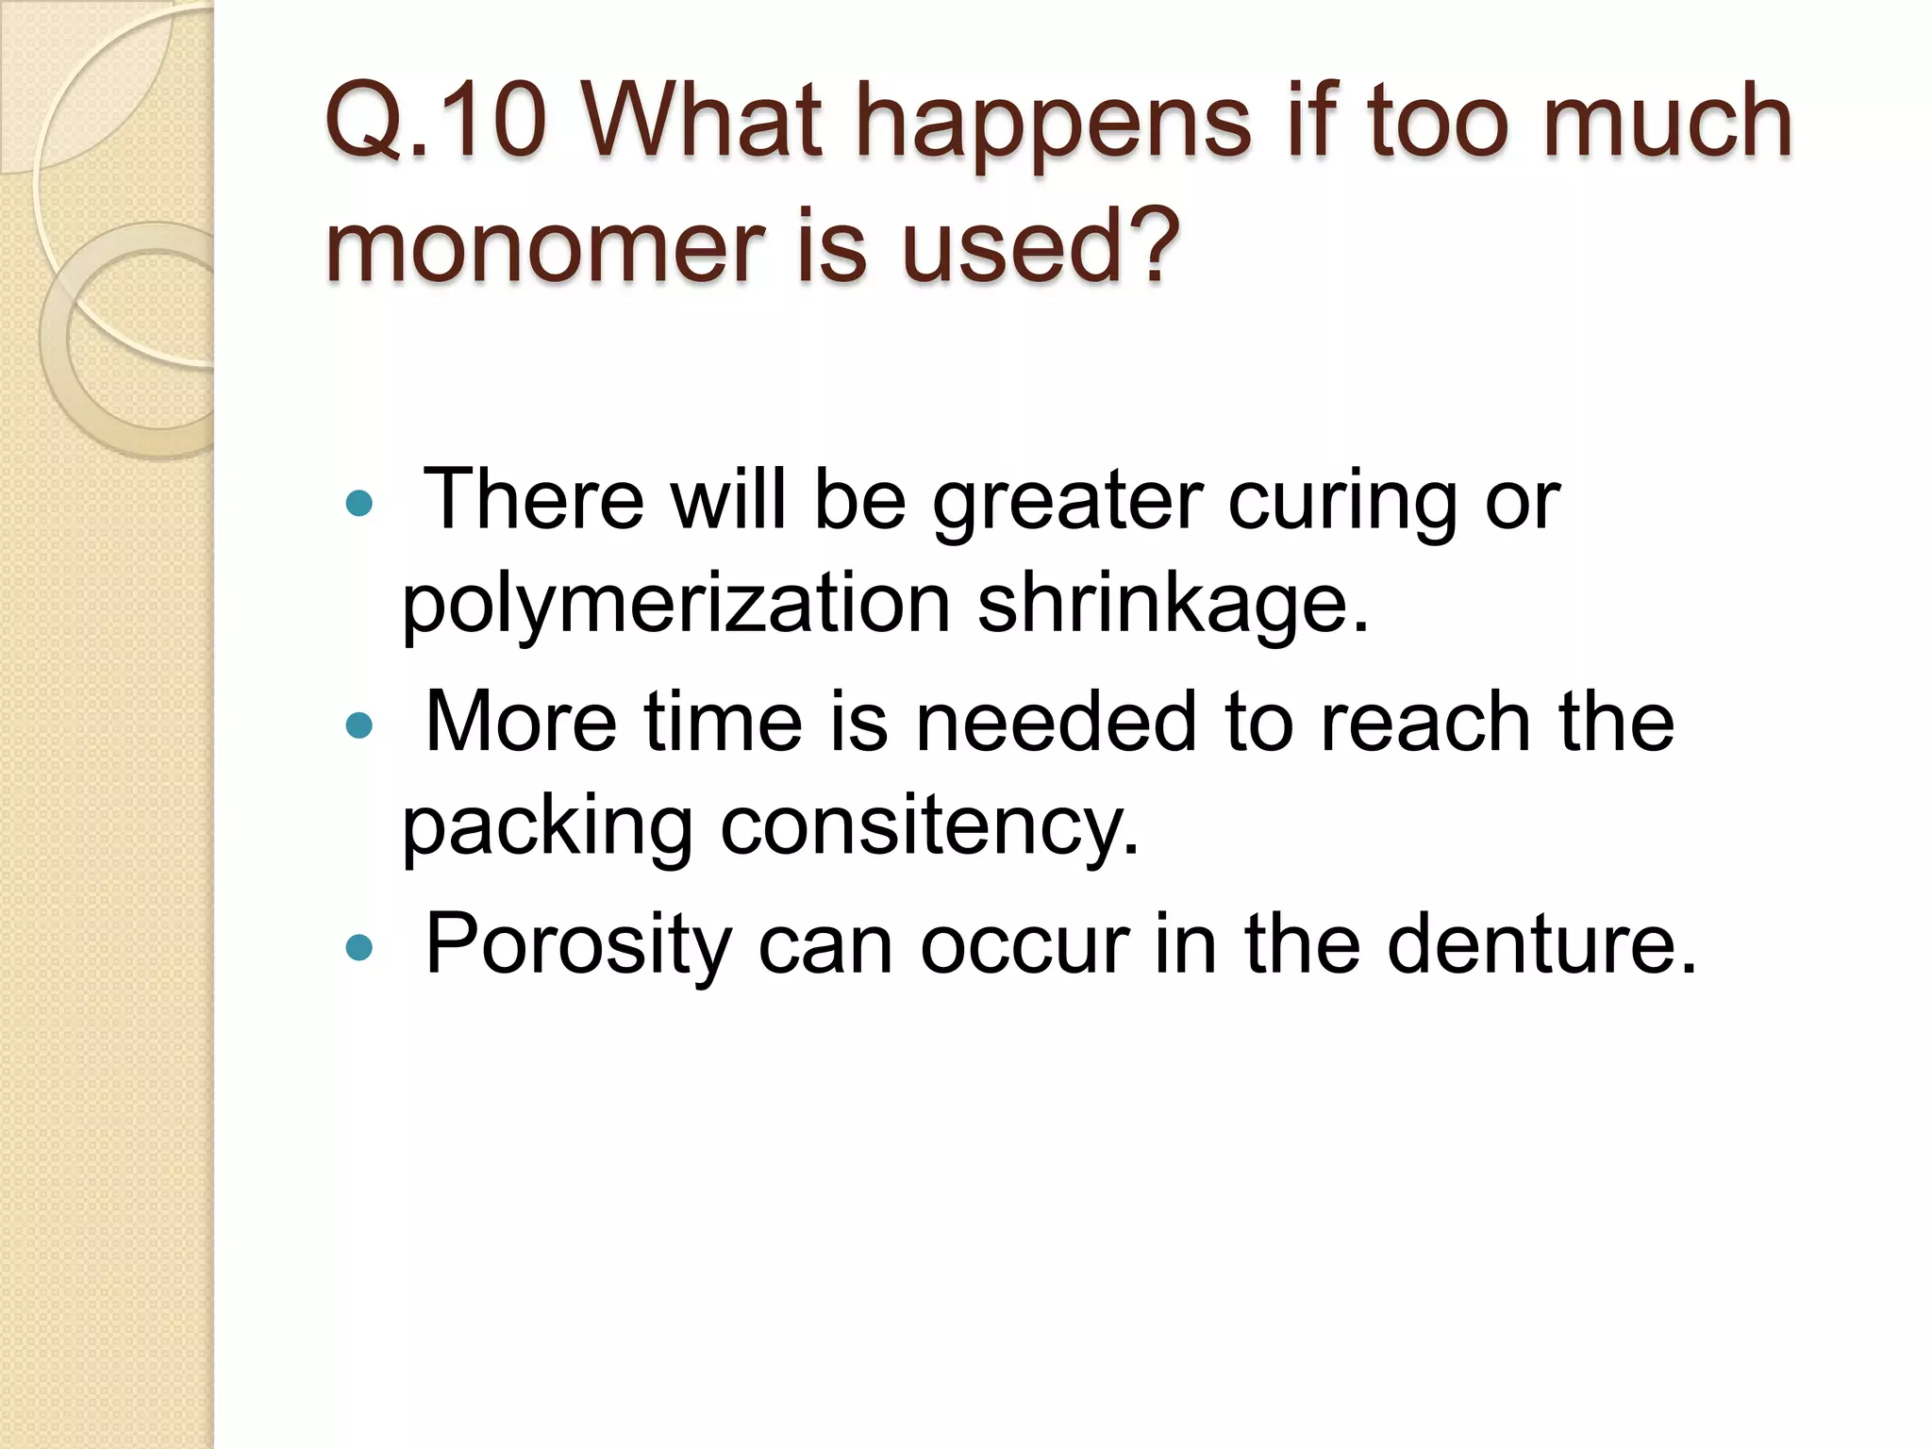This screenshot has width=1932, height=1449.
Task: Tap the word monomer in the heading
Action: pos(542,247)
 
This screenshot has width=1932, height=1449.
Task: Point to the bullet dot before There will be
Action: pos(359,504)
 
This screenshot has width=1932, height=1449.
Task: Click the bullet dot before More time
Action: pos(359,725)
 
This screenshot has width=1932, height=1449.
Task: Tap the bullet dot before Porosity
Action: pos(359,947)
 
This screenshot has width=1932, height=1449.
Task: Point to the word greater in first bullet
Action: pos(1067,502)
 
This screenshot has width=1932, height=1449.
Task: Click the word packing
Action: pos(547,827)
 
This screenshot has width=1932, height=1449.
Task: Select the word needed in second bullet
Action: pos(1056,722)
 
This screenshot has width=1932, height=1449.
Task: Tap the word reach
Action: pos(1424,722)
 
